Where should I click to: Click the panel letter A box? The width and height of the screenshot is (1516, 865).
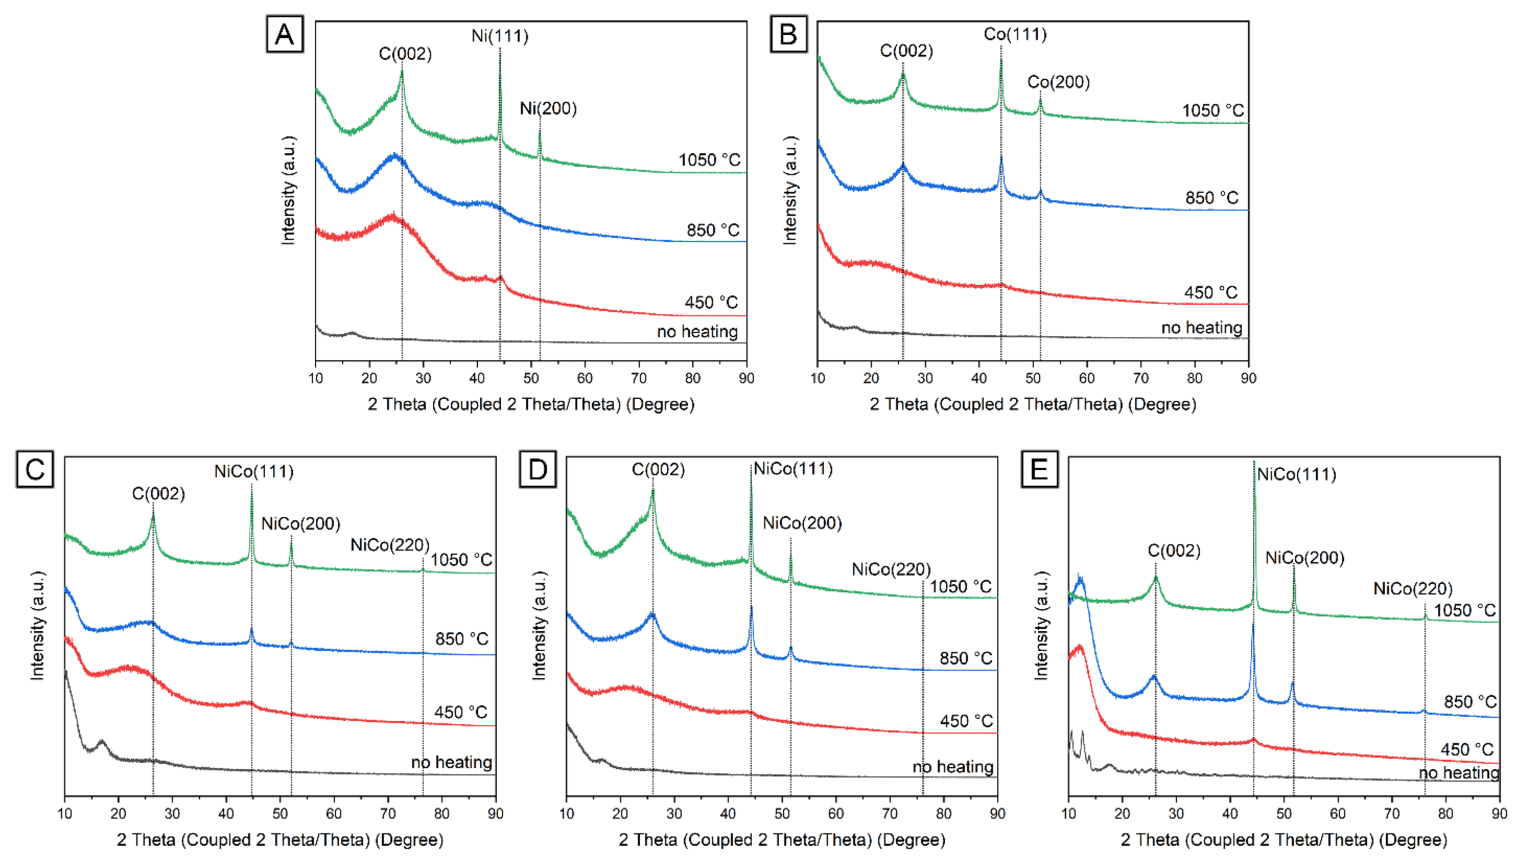(284, 34)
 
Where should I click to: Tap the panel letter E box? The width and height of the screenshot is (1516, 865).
(1039, 469)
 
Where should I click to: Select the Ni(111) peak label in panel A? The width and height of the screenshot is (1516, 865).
(500, 36)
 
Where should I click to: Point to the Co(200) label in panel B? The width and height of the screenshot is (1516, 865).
(1059, 82)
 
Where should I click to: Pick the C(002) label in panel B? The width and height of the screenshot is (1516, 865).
(906, 51)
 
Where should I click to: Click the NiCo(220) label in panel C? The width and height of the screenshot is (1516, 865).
(390, 545)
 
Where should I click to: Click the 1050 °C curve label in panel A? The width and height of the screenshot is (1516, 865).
(710, 160)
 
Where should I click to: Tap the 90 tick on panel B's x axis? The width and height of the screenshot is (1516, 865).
(1248, 378)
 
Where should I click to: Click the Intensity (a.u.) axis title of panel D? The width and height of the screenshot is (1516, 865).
(539, 626)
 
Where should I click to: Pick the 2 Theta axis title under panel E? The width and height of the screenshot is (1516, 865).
(1284, 839)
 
